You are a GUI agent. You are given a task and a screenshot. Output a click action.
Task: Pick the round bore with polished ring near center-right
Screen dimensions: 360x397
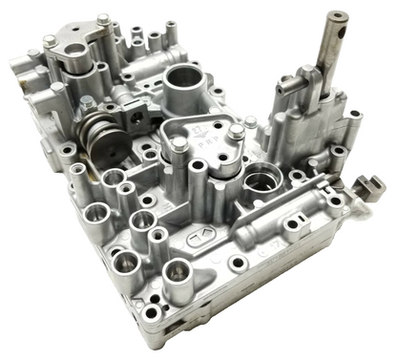point(259,182)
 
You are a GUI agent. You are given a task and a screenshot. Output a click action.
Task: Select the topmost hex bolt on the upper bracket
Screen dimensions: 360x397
point(103,18)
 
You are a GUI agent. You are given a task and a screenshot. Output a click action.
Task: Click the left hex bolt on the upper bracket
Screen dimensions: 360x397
point(48,41)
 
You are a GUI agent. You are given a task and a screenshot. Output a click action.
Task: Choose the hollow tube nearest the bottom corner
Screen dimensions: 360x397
point(178,277)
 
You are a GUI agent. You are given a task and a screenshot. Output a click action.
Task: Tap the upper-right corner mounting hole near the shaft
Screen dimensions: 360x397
point(355,116)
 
